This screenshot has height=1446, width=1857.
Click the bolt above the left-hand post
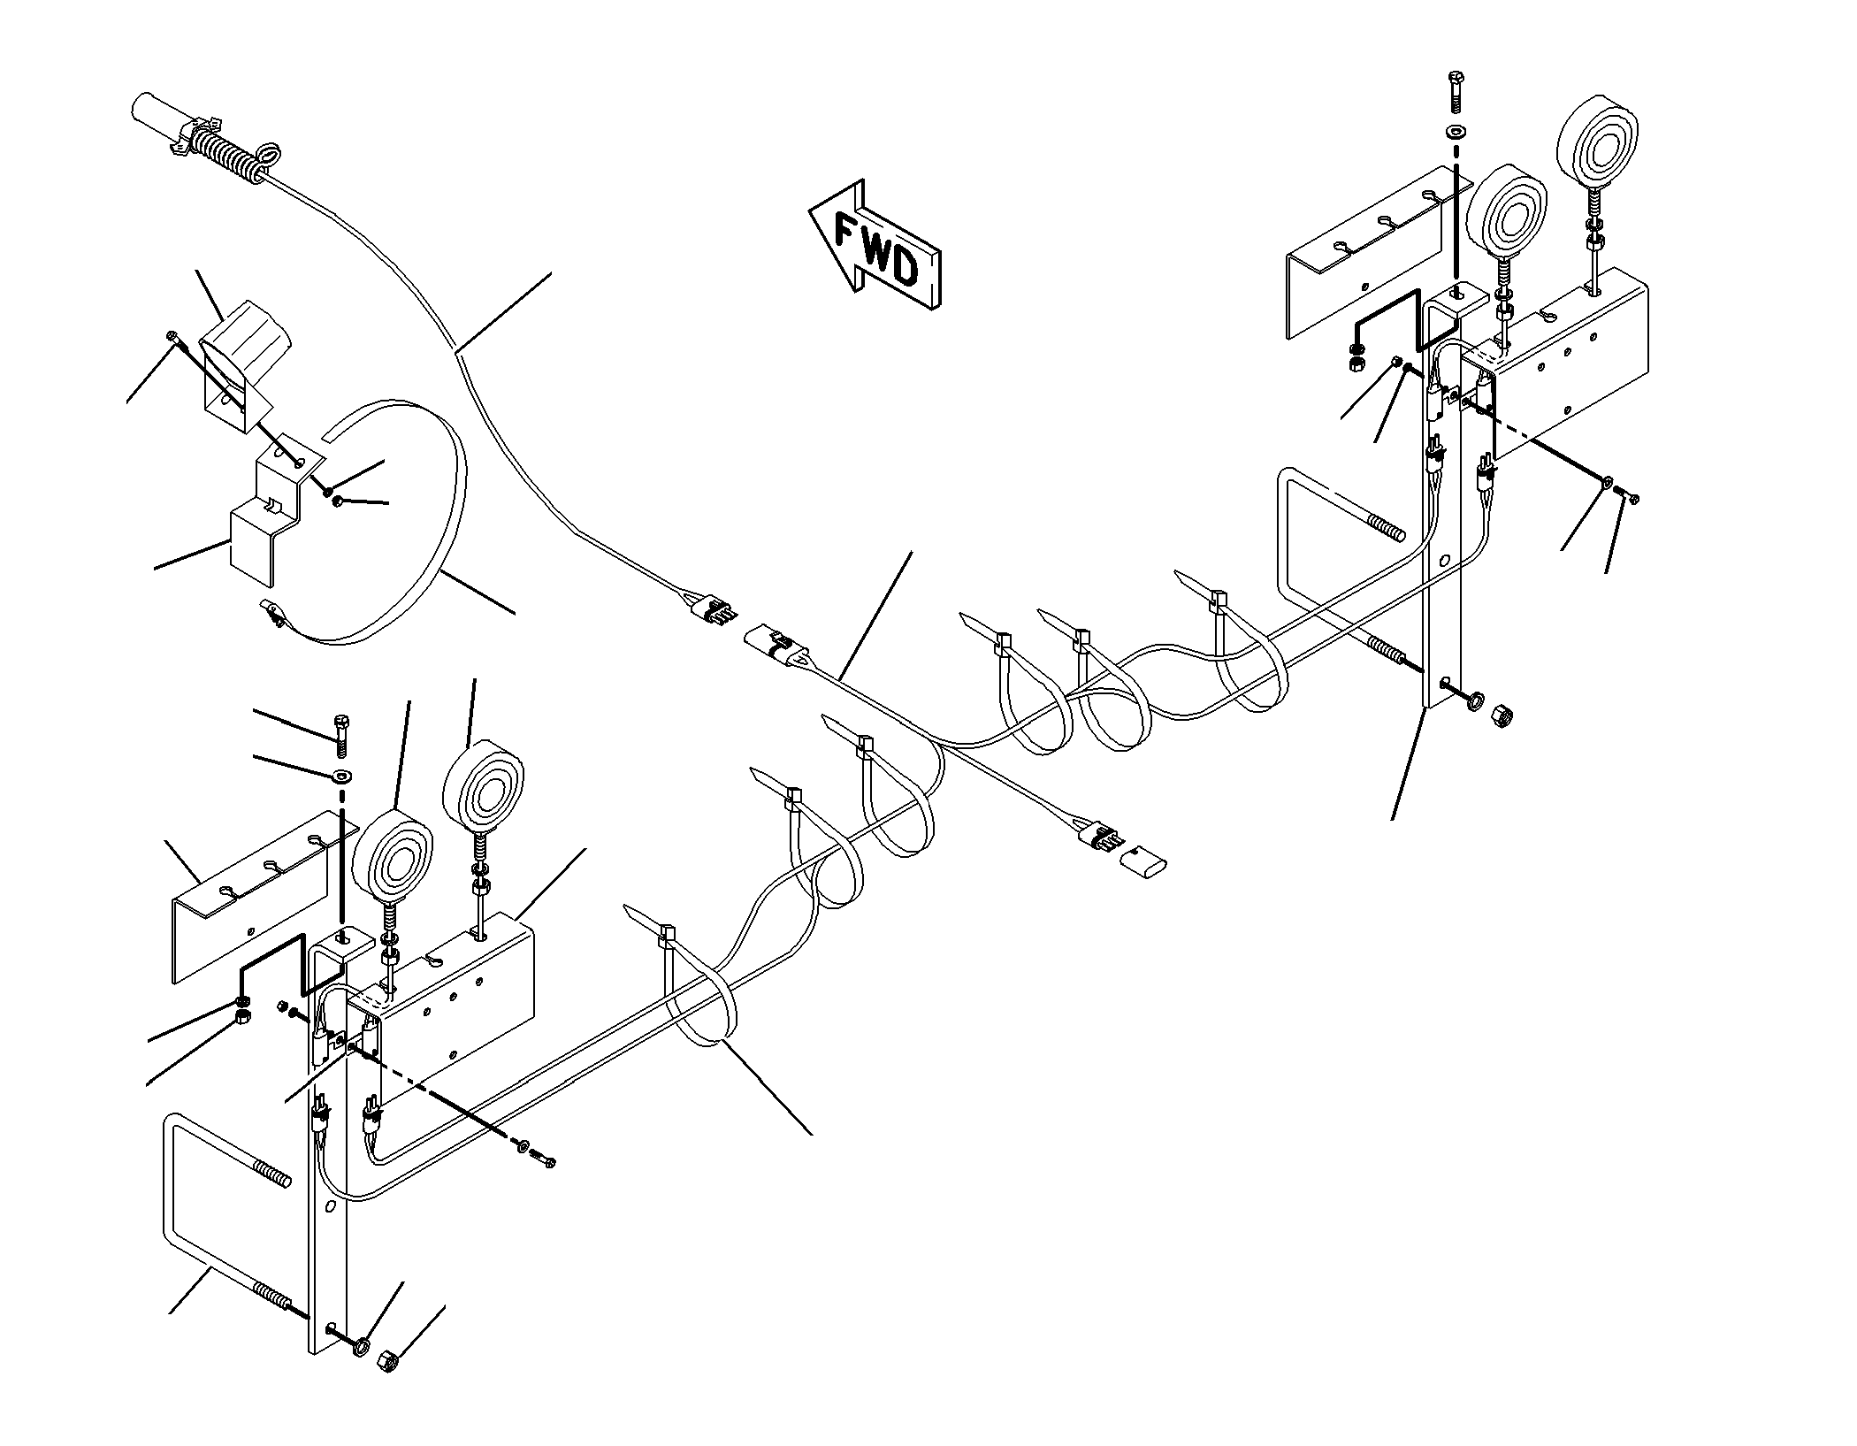[341, 737]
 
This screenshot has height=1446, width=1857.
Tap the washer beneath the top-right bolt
[1456, 132]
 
